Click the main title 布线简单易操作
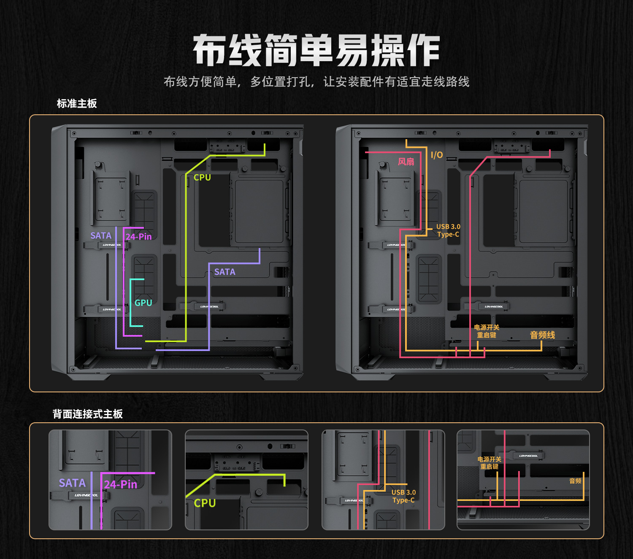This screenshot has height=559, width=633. pyautogui.click(x=316, y=51)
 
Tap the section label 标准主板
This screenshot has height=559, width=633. pyautogui.click(x=77, y=104)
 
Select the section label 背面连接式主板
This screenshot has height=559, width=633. pyautogui.click(x=88, y=414)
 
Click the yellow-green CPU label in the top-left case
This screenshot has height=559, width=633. pyautogui.click(x=202, y=178)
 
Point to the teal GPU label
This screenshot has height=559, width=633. pyautogui.click(x=143, y=303)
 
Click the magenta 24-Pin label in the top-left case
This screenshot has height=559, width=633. pyautogui.click(x=138, y=237)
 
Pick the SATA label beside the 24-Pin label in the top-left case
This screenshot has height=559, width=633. pyautogui.click(x=101, y=236)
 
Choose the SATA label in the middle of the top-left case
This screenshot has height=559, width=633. pyautogui.click(x=225, y=272)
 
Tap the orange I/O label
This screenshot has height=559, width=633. pyautogui.click(x=437, y=155)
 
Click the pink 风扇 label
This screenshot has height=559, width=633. pyautogui.click(x=406, y=162)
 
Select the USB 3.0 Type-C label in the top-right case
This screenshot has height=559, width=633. pyautogui.click(x=448, y=230)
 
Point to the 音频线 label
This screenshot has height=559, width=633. pyautogui.click(x=542, y=335)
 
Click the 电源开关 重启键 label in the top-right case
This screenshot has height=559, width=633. pyautogui.click(x=487, y=331)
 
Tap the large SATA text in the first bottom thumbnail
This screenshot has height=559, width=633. pyautogui.click(x=72, y=483)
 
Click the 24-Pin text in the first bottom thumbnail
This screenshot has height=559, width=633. pyautogui.click(x=121, y=484)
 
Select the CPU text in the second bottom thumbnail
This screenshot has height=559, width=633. pyautogui.click(x=205, y=503)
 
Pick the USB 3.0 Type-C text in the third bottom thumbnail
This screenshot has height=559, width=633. pyautogui.click(x=403, y=496)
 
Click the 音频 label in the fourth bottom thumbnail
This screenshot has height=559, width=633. pyautogui.click(x=575, y=481)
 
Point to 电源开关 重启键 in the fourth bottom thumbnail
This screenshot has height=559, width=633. pyautogui.click(x=490, y=463)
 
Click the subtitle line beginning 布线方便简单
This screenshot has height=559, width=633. pyautogui.click(x=316, y=82)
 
